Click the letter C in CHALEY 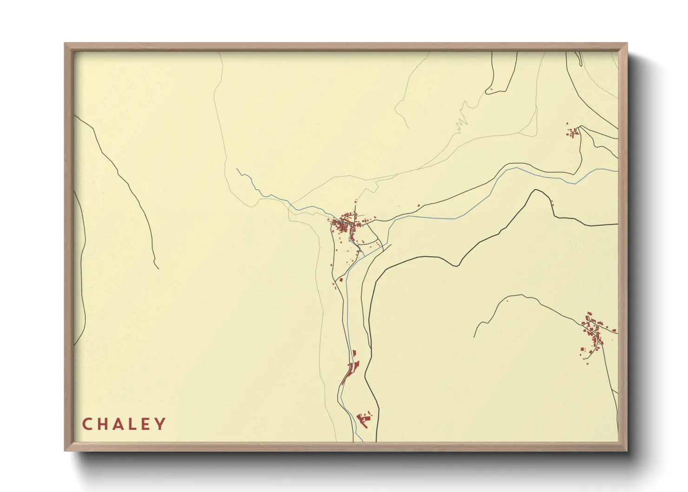(87, 424)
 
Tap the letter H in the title (103, 424)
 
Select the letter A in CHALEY (119, 424)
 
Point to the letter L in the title (133, 424)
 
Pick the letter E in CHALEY (146, 424)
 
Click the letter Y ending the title (160, 424)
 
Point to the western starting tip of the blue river (237, 169)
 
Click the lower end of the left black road (158, 268)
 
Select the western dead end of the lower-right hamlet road (475, 337)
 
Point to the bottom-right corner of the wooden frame (627, 451)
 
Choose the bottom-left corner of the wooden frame (65, 451)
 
